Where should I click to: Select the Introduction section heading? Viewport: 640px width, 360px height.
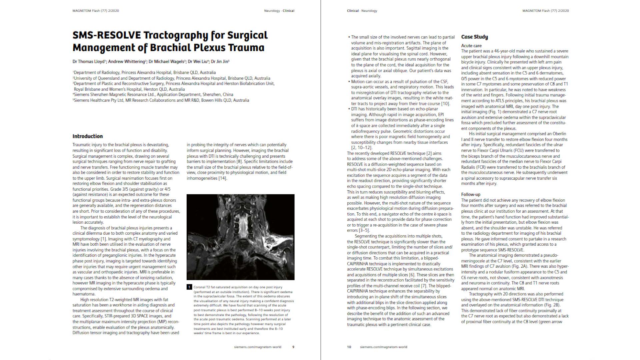pyautogui.click(x=88, y=136)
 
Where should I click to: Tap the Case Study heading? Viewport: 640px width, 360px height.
pyautogui.click(x=474, y=37)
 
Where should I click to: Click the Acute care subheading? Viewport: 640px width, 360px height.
pyautogui.click(x=471, y=46)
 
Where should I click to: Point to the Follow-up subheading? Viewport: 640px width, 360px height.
pyautogui.click(x=471, y=194)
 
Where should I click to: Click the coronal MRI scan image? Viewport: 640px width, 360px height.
pyautogui.click(x=240, y=237)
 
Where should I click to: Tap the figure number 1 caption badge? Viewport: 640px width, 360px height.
pyautogui.click(x=189, y=287)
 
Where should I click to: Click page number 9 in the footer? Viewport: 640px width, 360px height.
pyautogui.click(x=293, y=347)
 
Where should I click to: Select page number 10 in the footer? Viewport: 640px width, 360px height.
pyautogui.click(x=349, y=347)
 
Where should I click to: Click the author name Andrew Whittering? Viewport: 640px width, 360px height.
pyautogui.click(x=127, y=62)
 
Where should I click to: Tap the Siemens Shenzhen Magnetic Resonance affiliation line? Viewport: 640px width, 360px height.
pyautogui.click(x=153, y=95)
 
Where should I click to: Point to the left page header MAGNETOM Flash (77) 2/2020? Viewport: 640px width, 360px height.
pyautogui.click(x=96, y=11)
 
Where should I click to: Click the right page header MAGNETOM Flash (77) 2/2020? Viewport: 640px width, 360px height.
pyautogui.click(x=546, y=11)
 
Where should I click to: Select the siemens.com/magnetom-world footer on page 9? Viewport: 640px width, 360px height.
pyautogui.click(x=258, y=347)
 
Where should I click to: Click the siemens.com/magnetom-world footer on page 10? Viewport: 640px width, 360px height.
pyautogui.click(x=383, y=347)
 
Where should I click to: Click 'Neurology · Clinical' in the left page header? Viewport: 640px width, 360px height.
pyautogui.click(x=279, y=11)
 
